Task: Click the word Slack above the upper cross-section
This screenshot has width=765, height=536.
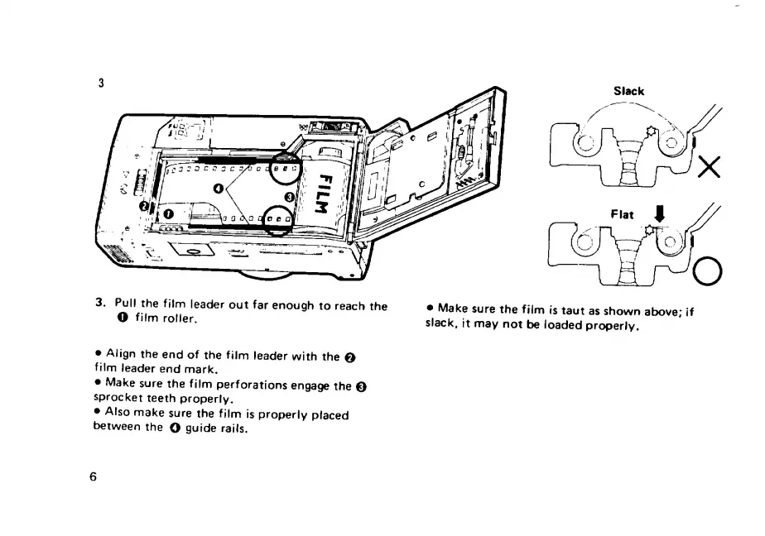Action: pos(628,91)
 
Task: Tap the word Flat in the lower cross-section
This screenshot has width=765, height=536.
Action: pos(622,214)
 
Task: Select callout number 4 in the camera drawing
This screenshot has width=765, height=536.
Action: pos(219,189)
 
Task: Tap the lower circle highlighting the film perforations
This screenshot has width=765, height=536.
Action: pos(280,219)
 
